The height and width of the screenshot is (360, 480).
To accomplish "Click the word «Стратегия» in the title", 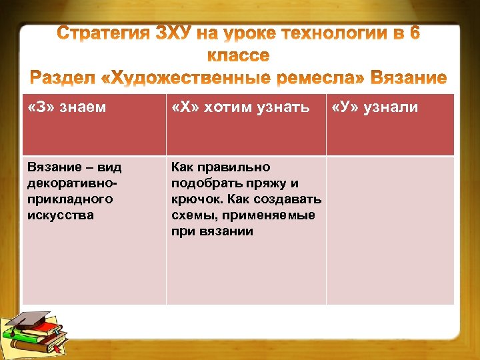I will pyautogui.click(x=107, y=33).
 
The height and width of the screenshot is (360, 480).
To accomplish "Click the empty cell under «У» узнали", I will pyautogui.click(x=390, y=230).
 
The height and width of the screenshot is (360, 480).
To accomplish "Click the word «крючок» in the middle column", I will pyautogui.click(x=193, y=199).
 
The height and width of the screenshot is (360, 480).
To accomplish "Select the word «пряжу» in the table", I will pyautogui.click(x=261, y=183).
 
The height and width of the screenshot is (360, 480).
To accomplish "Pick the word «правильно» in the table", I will pyautogui.click(x=238, y=167).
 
